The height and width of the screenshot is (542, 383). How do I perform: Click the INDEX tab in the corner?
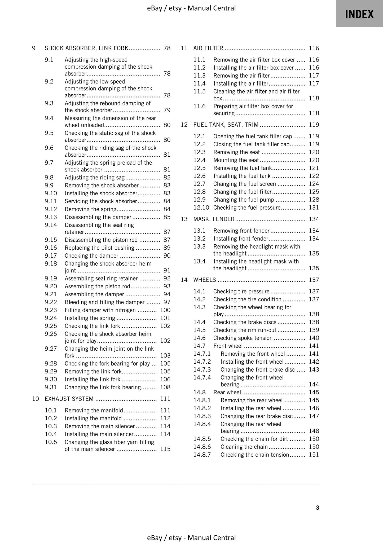359,14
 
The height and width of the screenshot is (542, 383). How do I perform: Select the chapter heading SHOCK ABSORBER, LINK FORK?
86,48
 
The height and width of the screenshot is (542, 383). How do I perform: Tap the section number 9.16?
51,248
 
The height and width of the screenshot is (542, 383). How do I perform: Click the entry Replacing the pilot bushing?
99,248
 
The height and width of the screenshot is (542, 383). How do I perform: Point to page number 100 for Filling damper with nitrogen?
165,310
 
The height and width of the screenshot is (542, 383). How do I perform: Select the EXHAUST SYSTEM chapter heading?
69,399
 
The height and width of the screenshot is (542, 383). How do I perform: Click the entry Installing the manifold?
93,418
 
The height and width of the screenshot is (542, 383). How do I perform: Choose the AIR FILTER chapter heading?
208,48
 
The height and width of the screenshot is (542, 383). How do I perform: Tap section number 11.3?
200,76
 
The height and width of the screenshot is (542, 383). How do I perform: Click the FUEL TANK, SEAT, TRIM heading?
226,125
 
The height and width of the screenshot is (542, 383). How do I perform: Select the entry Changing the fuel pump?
244,200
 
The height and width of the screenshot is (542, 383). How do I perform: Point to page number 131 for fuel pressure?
314,208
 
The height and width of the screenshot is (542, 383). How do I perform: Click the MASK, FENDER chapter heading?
214,219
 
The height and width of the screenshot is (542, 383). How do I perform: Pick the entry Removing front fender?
241,231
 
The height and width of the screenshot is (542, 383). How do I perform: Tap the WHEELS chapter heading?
205,280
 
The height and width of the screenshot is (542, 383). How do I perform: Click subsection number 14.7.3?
202,369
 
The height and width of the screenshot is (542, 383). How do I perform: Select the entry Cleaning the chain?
244,447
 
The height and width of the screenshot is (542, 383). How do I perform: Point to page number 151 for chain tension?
314,455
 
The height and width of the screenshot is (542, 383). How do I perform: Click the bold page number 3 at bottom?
317,508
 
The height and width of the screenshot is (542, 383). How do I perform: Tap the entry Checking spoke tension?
243,338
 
